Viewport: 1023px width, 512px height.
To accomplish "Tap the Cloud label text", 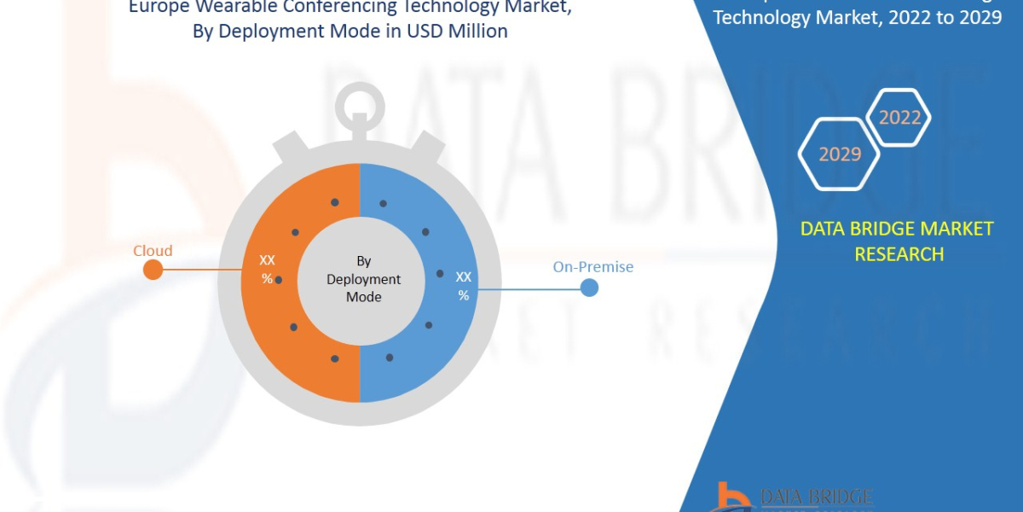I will [153, 251].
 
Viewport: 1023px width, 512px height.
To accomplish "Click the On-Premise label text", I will [592, 267].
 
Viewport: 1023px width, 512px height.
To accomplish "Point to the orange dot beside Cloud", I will [153, 270].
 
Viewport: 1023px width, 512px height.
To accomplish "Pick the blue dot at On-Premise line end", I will [589, 288].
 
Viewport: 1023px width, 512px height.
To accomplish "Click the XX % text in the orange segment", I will [267, 270].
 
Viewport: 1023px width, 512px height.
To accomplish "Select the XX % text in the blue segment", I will [463, 286].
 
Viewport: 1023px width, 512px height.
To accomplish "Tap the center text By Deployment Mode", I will [363, 279].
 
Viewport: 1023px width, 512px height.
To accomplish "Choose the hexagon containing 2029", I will [839, 154].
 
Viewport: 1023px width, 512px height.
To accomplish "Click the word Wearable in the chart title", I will [223, 8].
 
